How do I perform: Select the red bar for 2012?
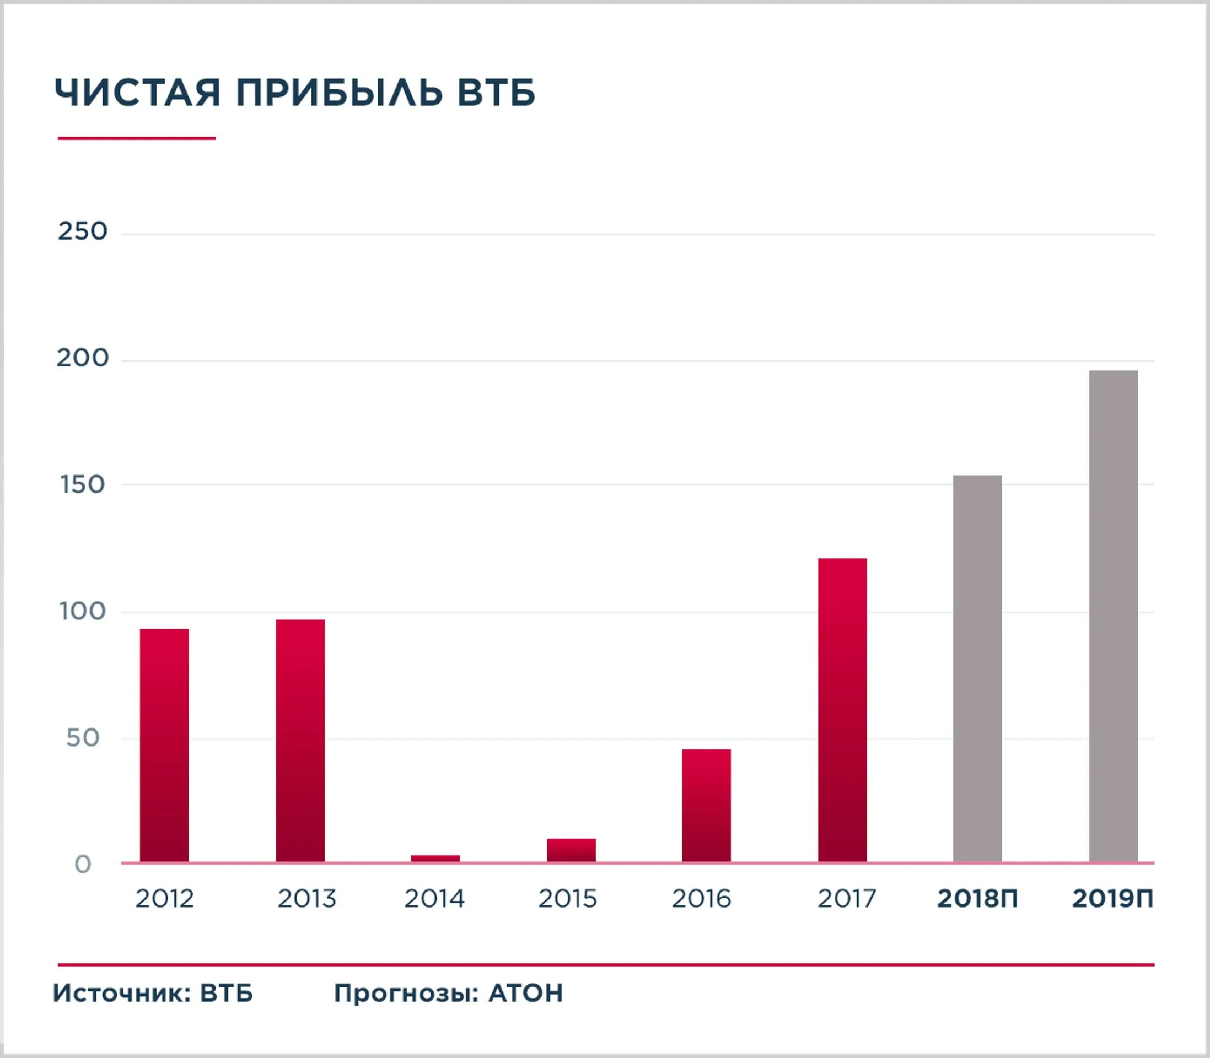(164, 745)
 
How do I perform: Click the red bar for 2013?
(300, 741)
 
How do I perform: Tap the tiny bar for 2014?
(435, 859)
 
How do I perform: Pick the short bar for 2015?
(571, 850)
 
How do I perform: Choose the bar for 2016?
(706, 805)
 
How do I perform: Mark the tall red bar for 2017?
(842, 710)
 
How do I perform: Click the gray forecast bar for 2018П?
(977, 668)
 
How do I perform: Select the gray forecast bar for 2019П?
(1113, 616)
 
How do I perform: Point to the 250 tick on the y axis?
(83, 231)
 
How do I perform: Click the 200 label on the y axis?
(83, 358)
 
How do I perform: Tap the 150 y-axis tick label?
(83, 485)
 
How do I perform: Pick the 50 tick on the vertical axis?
(83, 738)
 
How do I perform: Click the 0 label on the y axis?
(83, 865)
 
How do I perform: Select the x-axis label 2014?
(434, 899)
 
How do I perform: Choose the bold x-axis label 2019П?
(1112, 899)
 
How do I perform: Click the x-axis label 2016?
(701, 899)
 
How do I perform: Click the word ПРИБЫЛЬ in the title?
(340, 93)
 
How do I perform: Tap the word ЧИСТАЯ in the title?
(138, 93)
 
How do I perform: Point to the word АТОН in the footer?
(525, 993)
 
